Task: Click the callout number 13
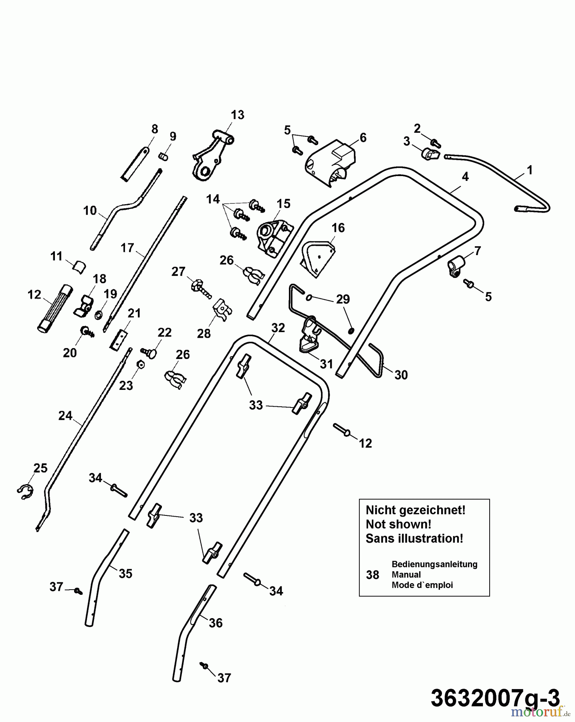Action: point(237,115)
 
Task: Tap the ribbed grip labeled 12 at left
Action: point(56,308)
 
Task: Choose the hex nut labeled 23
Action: point(140,364)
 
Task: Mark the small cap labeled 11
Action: point(79,266)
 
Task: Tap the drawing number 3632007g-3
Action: point(495,699)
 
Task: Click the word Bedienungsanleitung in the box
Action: point(434,564)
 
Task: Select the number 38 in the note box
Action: point(372,575)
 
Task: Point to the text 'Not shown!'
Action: point(398,524)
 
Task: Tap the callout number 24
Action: point(65,416)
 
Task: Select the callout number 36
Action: point(216,623)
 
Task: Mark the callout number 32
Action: point(278,328)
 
